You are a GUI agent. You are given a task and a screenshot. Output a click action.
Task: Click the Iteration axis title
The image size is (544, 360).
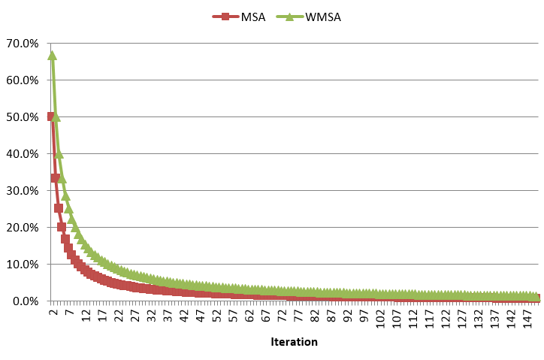294,342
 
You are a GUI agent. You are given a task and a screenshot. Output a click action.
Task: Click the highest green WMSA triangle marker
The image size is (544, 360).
52,55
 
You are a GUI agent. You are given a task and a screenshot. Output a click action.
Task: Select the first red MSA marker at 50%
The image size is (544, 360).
50,116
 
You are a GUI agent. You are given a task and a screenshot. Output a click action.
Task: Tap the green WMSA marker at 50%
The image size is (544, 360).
56,117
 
